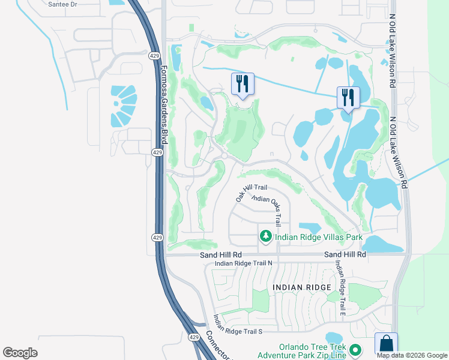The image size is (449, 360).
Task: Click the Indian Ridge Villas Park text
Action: pos(319,238)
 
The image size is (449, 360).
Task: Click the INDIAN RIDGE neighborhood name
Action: pos(301,288)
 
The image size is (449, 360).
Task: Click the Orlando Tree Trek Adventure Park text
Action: pos(313,352)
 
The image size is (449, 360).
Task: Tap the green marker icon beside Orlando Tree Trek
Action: pos(355,349)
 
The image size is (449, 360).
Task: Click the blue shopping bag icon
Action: pos(386,344)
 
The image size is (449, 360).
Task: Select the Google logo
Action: pos(20,353)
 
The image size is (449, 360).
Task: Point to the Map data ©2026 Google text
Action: pos(412,355)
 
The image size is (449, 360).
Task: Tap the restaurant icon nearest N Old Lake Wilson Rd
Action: pos(348,97)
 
